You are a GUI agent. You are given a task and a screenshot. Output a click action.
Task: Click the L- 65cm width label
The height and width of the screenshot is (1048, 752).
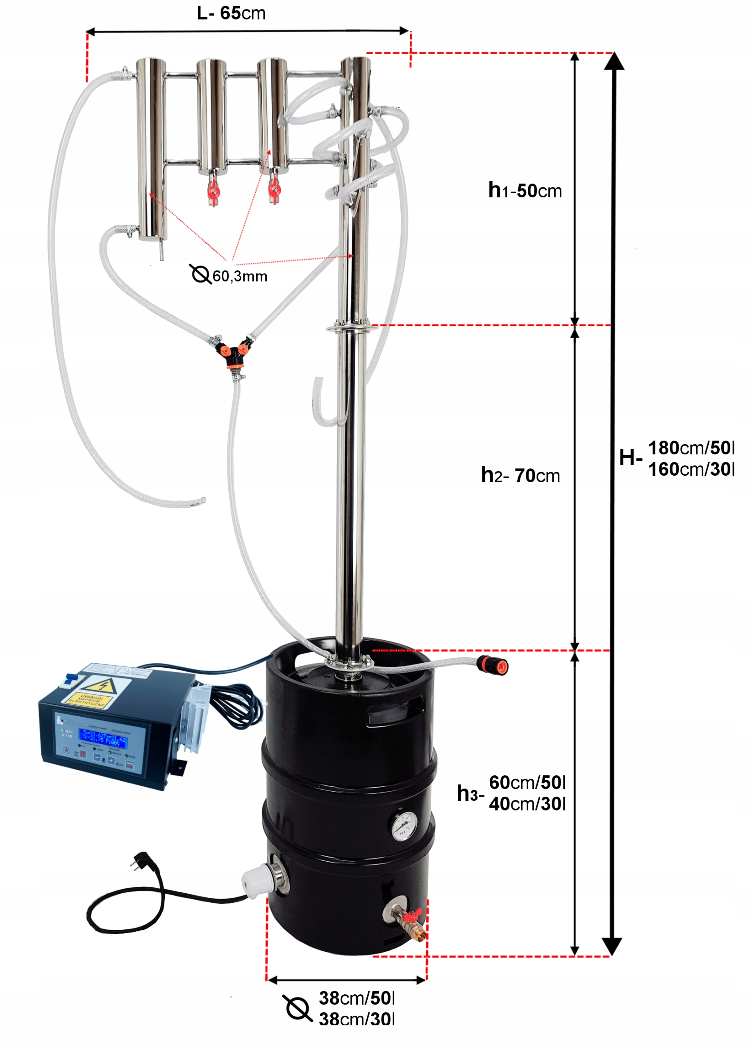pyautogui.click(x=231, y=13)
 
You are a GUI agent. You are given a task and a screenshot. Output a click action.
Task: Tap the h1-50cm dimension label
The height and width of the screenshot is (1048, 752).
pyautogui.click(x=525, y=190)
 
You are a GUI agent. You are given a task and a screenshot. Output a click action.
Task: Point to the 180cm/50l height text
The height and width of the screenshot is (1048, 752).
pyautogui.click(x=691, y=448)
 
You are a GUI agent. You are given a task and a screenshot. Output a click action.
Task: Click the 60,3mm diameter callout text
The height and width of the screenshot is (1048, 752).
pyautogui.click(x=240, y=276)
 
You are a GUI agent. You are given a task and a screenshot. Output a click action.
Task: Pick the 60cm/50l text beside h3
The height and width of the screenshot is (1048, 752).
pyautogui.click(x=527, y=782)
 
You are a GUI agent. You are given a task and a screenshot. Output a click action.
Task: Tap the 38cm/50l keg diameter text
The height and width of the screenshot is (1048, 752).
pyautogui.click(x=357, y=998)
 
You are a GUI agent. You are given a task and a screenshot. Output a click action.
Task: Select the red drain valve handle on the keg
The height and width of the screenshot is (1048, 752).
pyautogui.click(x=413, y=914)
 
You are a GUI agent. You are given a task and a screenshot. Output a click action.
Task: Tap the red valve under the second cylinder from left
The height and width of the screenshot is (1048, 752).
pyautogui.click(x=213, y=190)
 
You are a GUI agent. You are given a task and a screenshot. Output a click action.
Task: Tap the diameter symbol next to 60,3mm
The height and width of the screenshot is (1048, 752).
pyautogui.click(x=200, y=274)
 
